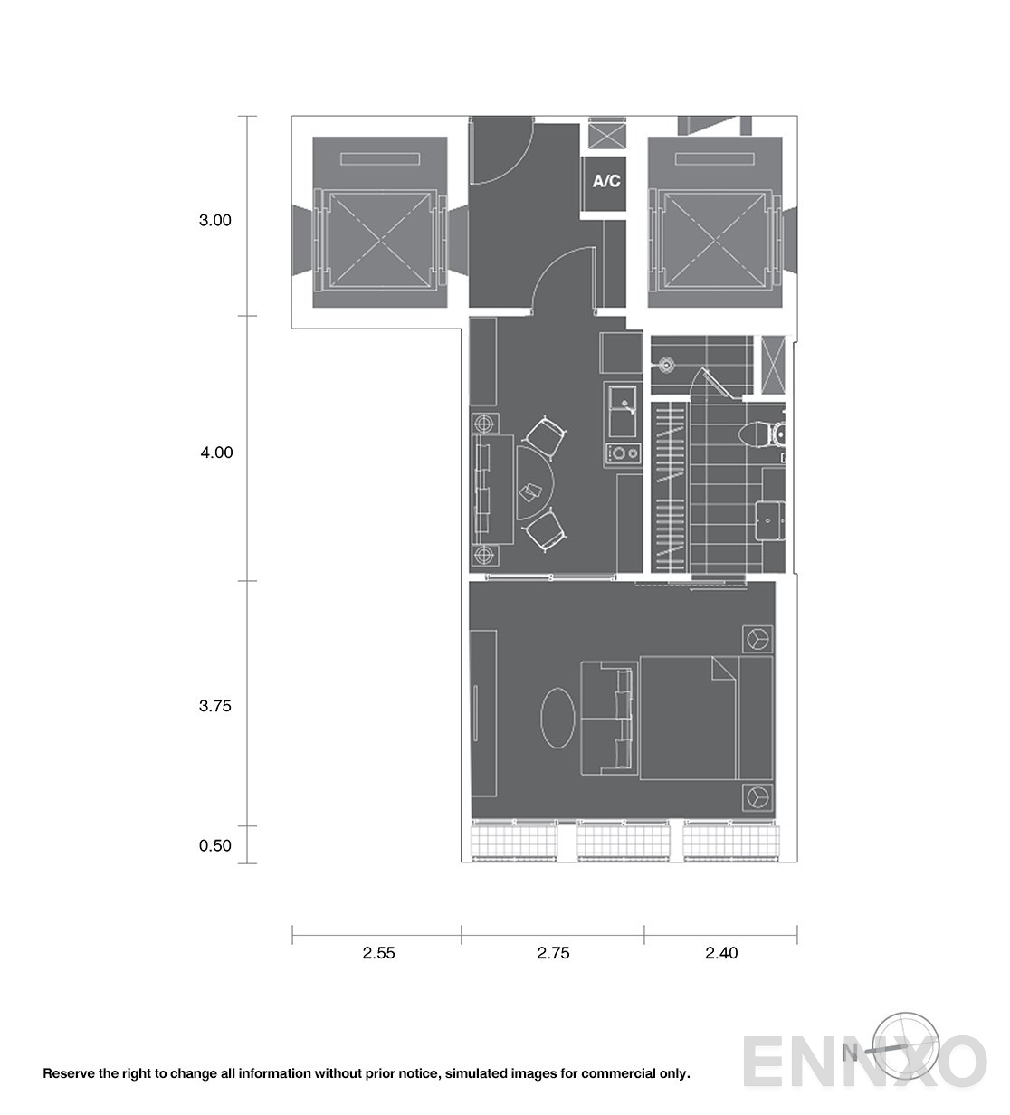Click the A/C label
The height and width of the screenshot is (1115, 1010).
(605, 181)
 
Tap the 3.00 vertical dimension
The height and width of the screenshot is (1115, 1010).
(215, 220)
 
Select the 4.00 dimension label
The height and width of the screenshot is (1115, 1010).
(216, 453)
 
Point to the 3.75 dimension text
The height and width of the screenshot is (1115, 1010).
(215, 706)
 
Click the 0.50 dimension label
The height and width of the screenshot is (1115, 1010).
(215, 845)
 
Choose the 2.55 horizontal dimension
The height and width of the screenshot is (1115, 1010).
(378, 953)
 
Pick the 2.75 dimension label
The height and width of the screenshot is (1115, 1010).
(553, 953)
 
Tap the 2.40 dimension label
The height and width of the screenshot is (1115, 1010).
(721, 953)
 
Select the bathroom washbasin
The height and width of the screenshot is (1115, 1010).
(770, 520)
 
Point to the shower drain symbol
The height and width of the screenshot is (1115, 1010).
(666, 366)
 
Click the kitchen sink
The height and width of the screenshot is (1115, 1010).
(623, 411)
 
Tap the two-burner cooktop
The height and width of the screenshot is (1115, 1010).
(623, 454)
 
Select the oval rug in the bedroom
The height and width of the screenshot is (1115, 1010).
(557, 718)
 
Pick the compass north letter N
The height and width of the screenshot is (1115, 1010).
(850, 1053)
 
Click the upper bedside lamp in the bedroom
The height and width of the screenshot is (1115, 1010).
(757, 639)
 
